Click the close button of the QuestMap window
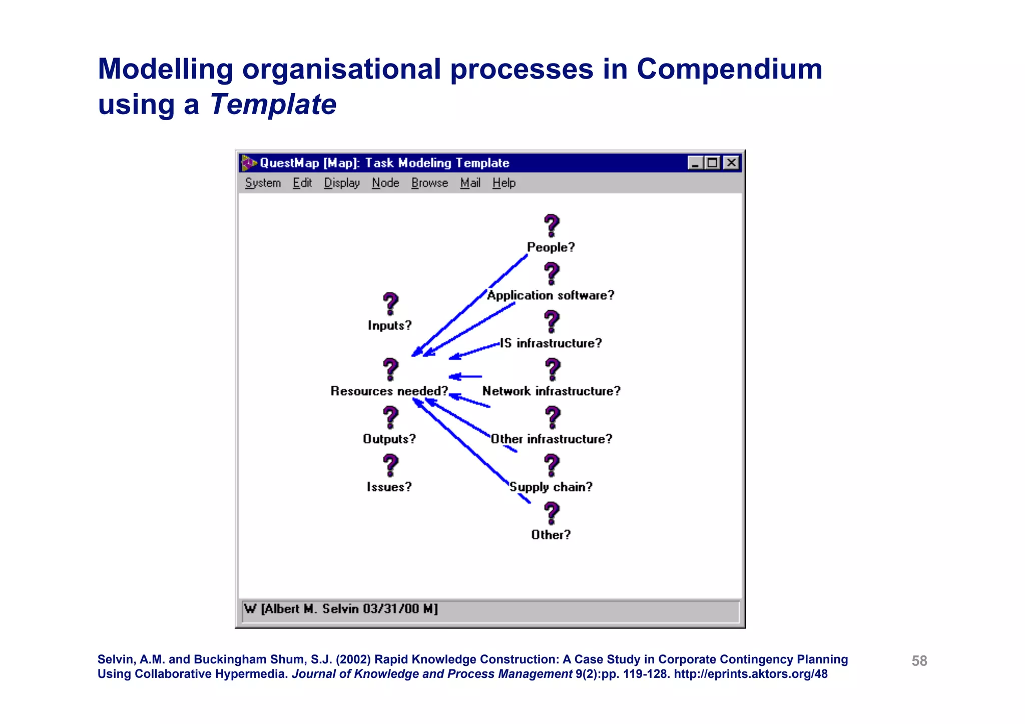[x=731, y=163]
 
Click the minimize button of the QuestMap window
[x=695, y=163]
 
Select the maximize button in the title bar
[x=713, y=163]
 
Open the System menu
[x=263, y=183]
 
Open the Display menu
[x=342, y=183]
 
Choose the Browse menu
[x=429, y=183]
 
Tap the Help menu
[x=503, y=183]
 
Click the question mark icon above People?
[x=552, y=226]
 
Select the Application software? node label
[x=551, y=295]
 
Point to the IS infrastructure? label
[x=551, y=343]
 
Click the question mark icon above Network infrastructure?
[x=552, y=369]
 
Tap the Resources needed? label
[x=389, y=391]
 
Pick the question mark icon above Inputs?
[x=390, y=304]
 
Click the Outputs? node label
[x=389, y=439]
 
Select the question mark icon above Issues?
[x=390, y=465]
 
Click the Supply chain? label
[x=551, y=487]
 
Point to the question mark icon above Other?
[x=552, y=513]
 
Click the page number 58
[x=919, y=661]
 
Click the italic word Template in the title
[x=273, y=105]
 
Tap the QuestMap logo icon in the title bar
[x=249, y=163]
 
